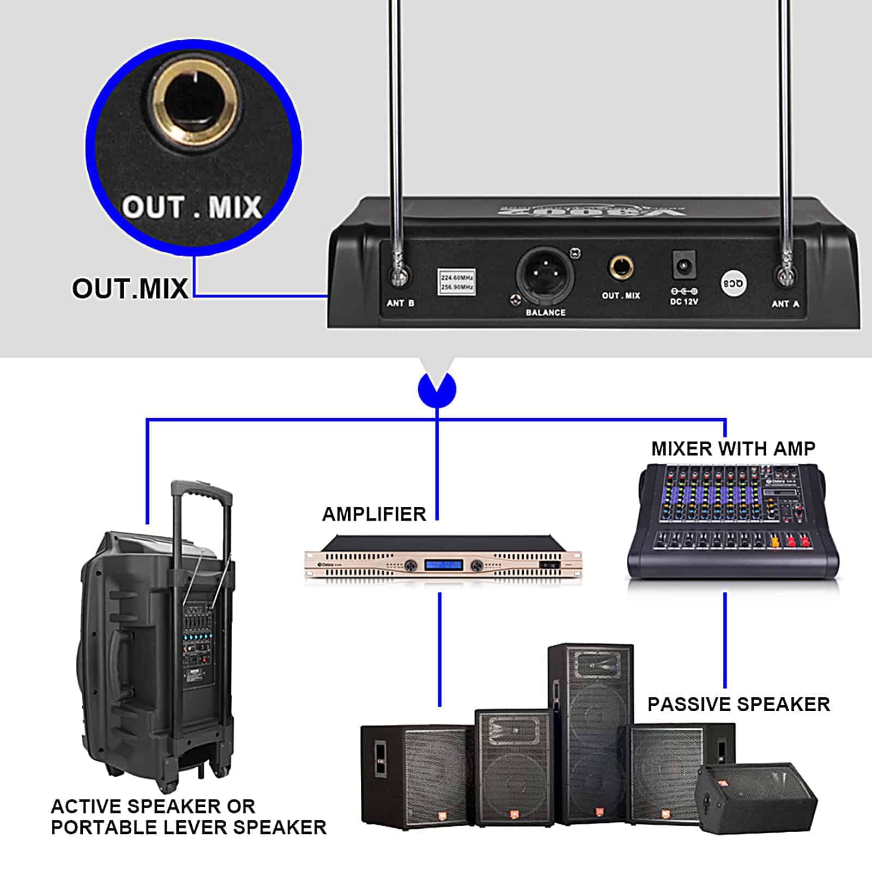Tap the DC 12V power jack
(684, 265)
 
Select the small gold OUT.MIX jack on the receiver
(621, 268)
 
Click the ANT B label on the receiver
(401, 303)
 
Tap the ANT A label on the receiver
(785, 304)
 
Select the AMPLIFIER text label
(374, 514)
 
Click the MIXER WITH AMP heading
(733, 449)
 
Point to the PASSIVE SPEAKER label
(738, 704)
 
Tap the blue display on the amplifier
(444, 565)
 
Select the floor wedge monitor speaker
(758, 798)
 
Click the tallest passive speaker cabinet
(591, 730)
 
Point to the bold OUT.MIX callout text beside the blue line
(130, 288)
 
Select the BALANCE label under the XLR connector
(546, 312)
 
